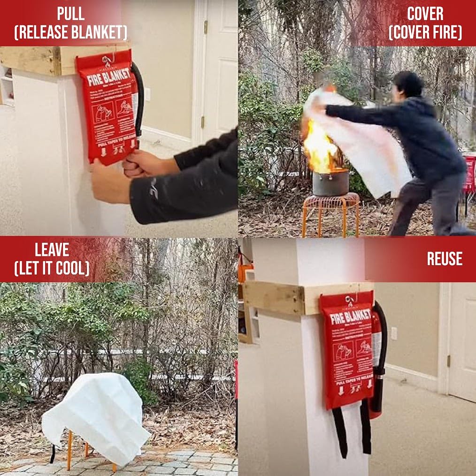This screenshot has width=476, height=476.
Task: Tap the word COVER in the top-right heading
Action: (425, 13)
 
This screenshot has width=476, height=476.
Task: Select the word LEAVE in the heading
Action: (52, 249)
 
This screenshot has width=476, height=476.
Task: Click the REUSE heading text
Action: (444, 259)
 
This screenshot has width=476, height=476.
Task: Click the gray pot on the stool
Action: (330, 182)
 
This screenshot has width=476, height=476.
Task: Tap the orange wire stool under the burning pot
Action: (330, 214)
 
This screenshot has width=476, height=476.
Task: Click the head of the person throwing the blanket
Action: (408, 84)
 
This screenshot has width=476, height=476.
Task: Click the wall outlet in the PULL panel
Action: (147, 94)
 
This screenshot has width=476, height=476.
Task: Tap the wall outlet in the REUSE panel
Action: (394, 333)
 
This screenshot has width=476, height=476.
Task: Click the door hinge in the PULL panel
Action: (206, 27)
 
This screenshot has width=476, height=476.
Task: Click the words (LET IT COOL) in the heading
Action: (52, 268)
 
